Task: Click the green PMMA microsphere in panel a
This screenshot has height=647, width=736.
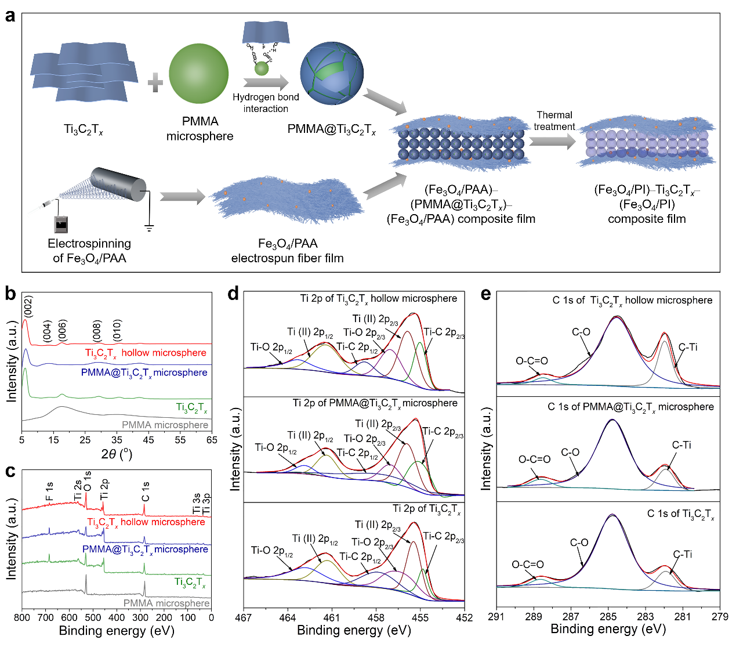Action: (x=198, y=74)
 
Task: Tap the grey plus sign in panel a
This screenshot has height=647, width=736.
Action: (x=155, y=82)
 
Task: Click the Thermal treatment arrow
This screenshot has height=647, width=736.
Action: (x=552, y=142)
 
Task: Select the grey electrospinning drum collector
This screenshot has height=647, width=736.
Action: (x=118, y=184)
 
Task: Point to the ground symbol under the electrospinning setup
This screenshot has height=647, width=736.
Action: (x=149, y=228)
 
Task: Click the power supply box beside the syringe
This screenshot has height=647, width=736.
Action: (x=61, y=224)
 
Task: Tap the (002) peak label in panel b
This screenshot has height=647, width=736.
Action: (x=28, y=306)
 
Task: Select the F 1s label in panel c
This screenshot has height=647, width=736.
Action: (x=49, y=491)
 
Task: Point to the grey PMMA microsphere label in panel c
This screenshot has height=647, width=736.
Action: (x=166, y=603)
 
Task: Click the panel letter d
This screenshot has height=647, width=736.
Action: (x=233, y=294)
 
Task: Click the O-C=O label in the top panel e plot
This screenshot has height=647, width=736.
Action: (x=531, y=361)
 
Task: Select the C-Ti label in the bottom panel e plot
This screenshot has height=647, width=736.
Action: (x=682, y=554)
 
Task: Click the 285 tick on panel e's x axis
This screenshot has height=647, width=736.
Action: (x=608, y=617)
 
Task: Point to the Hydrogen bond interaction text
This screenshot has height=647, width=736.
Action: (x=266, y=103)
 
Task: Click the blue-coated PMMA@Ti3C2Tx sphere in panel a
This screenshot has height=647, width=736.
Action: (x=332, y=74)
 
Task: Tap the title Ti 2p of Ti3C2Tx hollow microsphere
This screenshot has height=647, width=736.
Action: (x=379, y=299)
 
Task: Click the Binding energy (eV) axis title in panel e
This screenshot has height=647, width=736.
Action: (x=608, y=629)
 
